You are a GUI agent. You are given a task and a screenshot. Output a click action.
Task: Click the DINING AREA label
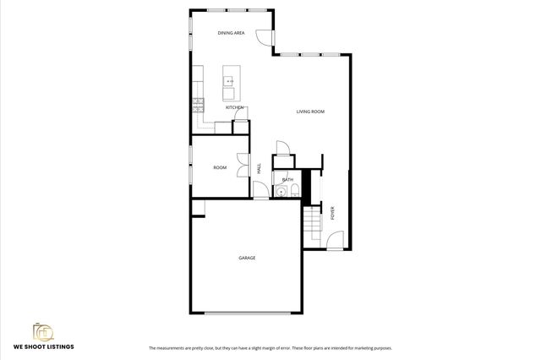coord(231,33)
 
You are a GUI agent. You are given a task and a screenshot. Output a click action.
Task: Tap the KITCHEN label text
coord(235,107)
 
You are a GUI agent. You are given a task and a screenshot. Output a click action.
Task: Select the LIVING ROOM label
coord(310,112)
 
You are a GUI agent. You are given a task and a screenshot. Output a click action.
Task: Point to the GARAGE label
coord(247,258)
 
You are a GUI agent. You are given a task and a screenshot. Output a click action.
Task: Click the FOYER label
coord(332,214)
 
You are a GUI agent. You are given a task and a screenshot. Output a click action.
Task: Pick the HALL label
coord(259,168)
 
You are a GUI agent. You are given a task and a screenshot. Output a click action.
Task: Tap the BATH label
coord(287,179)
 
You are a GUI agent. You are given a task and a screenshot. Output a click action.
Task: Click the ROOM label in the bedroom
coord(220,167)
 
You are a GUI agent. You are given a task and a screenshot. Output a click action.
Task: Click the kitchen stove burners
coord(198,105)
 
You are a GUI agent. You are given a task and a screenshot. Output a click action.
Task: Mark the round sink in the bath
coord(280,192)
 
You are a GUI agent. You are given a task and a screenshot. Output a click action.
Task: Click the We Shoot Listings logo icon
coord(43,330)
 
